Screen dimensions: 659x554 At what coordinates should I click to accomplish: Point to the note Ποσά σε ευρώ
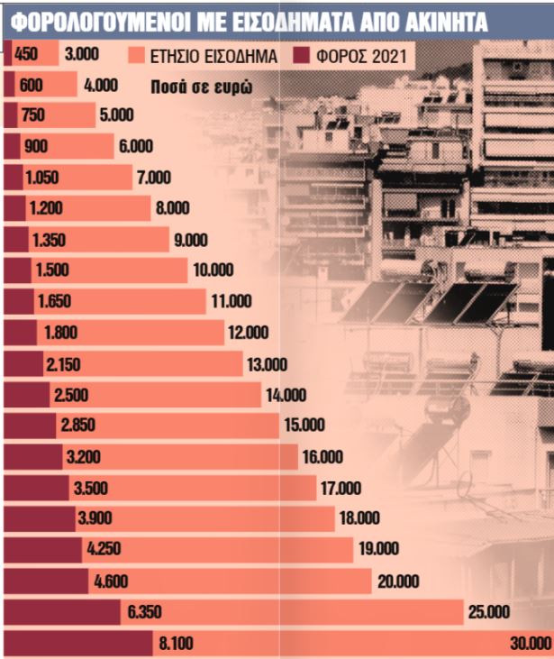coord(200,88)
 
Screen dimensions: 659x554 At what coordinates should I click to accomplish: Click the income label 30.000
coord(529,644)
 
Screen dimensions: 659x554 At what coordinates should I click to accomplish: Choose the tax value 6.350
coord(145,613)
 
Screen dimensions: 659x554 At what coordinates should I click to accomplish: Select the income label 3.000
coord(82,55)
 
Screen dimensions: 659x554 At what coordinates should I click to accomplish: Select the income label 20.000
coord(398,581)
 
